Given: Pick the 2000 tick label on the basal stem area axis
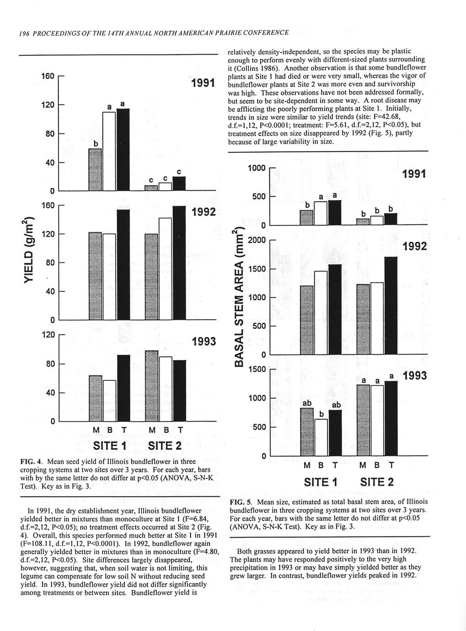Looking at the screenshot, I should (x=257, y=241).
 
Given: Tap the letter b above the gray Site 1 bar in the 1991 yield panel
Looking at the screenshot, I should (x=96, y=144).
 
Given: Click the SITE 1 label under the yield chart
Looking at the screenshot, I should (x=109, y=445).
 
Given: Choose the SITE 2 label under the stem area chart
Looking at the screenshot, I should (x=376, y=482).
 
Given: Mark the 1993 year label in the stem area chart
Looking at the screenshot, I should (x=414, y=376).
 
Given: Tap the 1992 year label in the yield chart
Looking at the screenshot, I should (x=204, y=213).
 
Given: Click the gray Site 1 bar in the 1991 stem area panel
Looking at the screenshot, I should (x=306, y=218).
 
